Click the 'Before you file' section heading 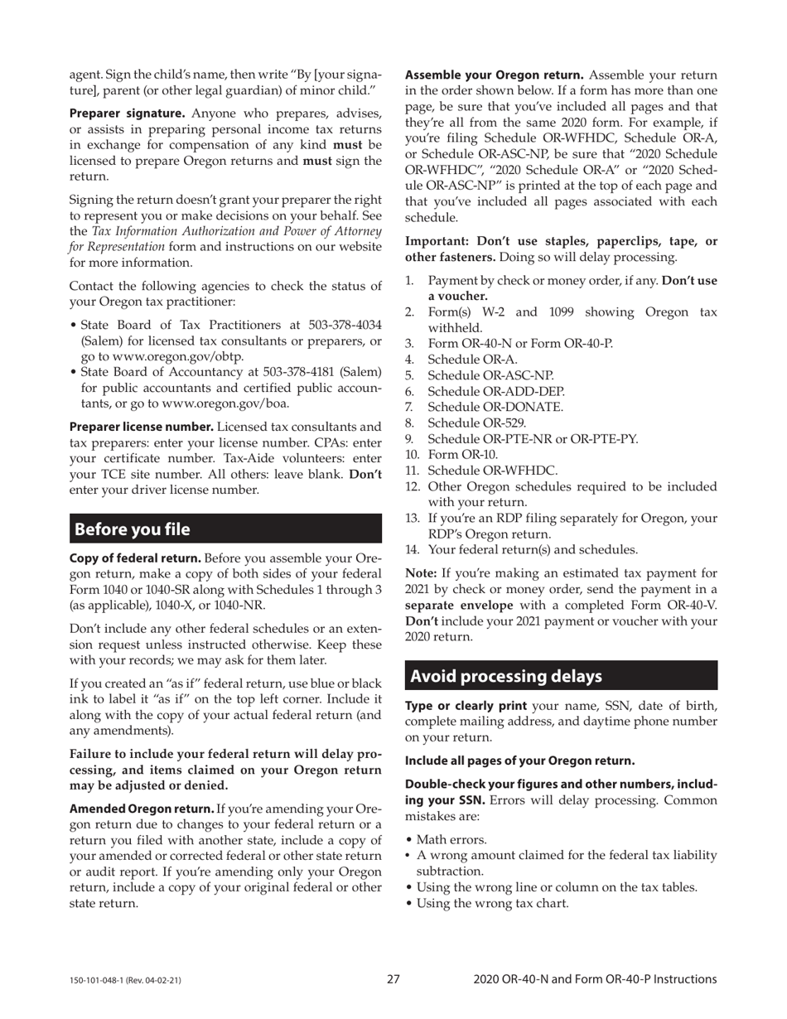(x=133, y=529)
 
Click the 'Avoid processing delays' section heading (x=506, y=676)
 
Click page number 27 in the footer (x=393, y=979)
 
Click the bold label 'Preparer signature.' (x=127, y=113)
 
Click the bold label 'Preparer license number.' (x=142, y=427)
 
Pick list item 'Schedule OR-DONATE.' (x=495, y=407)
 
